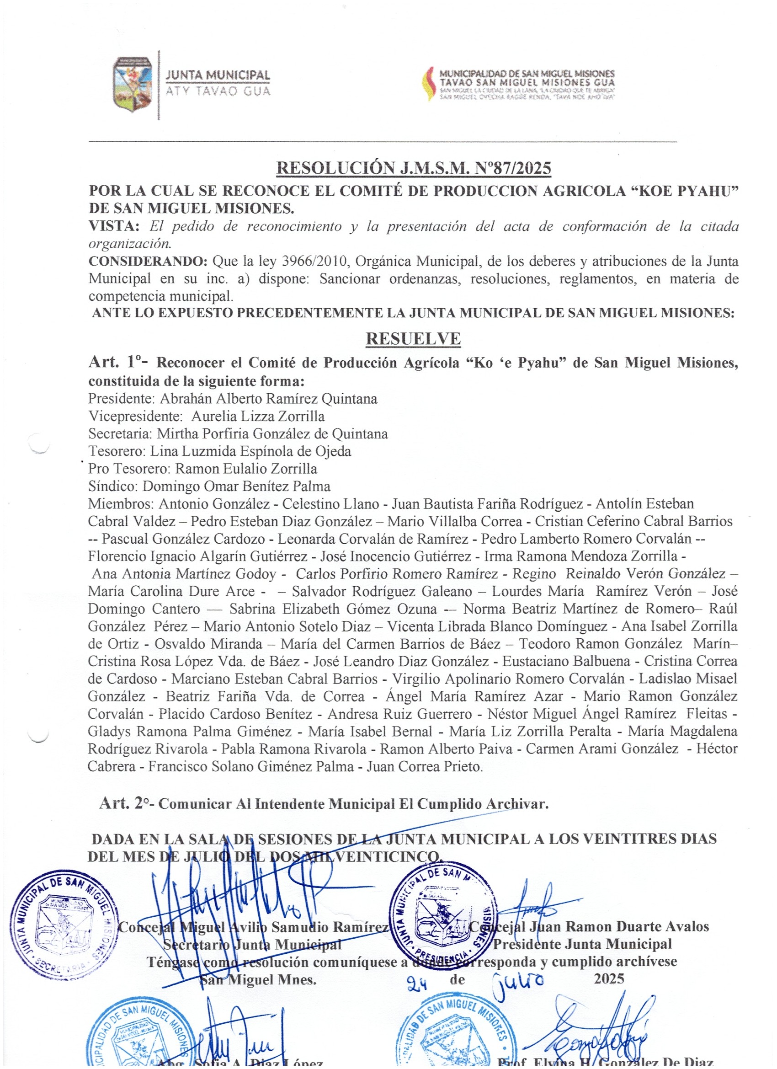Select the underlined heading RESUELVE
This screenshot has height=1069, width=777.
[413, 339]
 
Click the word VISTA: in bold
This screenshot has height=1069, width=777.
[113, 226]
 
